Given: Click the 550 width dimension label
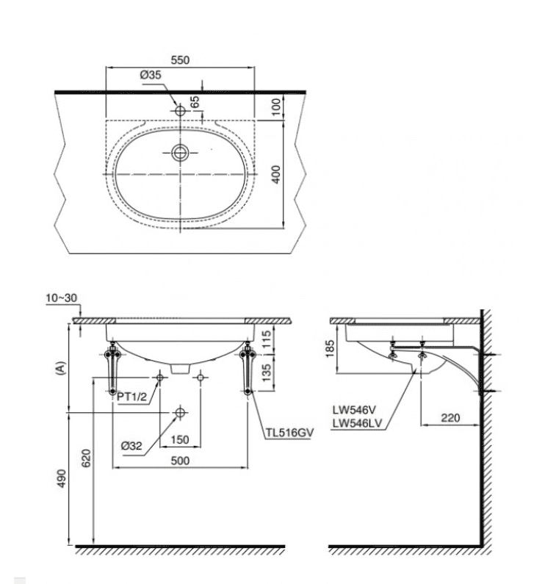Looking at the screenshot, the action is point(180,60).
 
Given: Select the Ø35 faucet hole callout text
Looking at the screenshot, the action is point(151,75).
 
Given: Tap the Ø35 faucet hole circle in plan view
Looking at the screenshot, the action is point(180,111).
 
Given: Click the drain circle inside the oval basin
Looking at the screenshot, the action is point(180,152).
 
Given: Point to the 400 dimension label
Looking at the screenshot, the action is point(275,174).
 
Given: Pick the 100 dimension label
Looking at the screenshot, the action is point(275,107).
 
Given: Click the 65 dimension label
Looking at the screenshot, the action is point(195,101).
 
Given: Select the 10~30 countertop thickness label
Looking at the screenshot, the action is point(61,298).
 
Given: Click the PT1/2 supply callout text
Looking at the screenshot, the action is point(132,397).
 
